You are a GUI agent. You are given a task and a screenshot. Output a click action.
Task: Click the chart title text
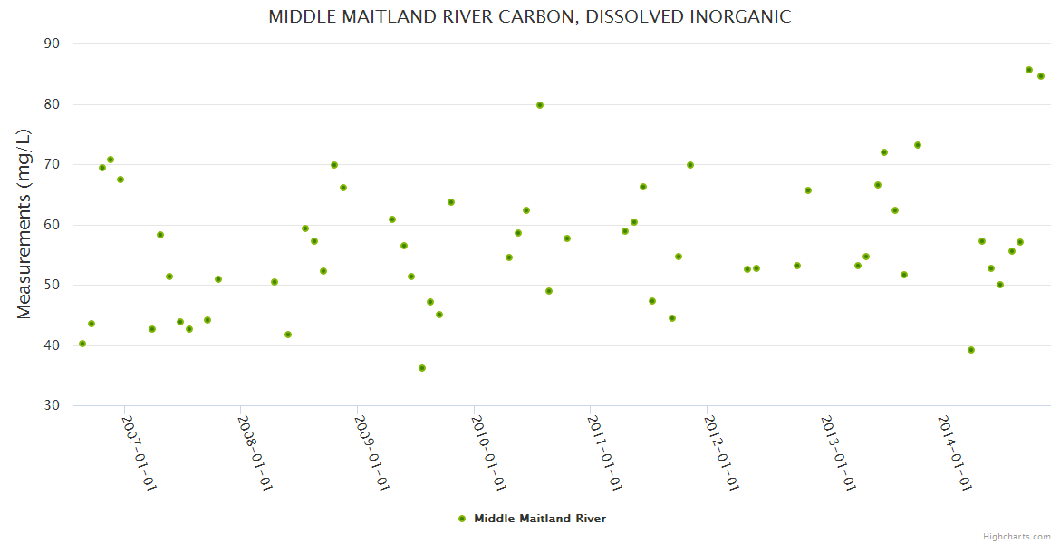[x=529, y=17]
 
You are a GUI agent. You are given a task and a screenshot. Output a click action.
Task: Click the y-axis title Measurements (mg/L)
[x=24, y=224]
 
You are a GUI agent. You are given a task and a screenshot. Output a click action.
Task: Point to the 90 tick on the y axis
[x=52, y=44]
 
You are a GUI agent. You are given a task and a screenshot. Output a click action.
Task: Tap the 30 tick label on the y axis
[x=52, y=405]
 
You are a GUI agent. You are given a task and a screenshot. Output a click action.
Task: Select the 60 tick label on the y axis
[x=52, y=225]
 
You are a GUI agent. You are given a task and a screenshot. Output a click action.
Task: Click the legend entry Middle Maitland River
[x=539, y=519]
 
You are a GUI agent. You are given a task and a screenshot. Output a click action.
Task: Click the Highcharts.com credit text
[x=1017, y=536]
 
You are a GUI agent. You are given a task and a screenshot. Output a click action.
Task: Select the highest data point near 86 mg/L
[x=1029, y=70]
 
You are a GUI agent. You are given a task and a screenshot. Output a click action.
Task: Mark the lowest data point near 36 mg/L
[x=422, y=368]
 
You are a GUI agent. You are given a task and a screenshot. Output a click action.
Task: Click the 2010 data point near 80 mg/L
[x=540, y=105]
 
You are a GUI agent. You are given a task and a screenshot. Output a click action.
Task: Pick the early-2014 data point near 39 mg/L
[x=971, y=350]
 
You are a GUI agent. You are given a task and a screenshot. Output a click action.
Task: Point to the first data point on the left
[x=82, y=344]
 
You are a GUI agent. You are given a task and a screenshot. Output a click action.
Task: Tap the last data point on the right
[x=1041, y=76]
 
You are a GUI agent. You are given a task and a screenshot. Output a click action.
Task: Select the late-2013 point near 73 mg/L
[x=918, y=145]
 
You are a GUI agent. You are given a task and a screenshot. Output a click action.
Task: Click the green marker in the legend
[x=462, y=519]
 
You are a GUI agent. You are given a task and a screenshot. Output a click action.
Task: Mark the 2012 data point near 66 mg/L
[x=808, y=190]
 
